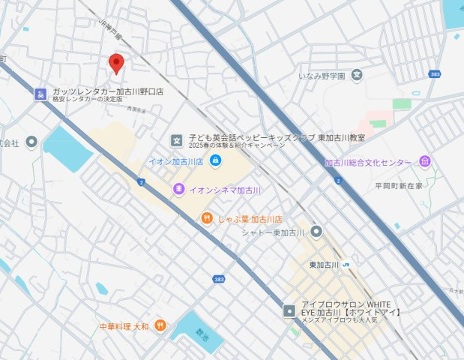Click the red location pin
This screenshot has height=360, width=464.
coord(116,63)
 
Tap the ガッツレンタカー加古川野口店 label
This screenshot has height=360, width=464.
coord(107,91)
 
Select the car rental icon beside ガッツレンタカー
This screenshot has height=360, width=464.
coord(40,94)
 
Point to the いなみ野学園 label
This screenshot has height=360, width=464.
coord(322,75)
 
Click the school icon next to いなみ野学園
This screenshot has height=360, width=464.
coord(357,75)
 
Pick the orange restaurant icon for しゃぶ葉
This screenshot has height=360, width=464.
coord(207,218)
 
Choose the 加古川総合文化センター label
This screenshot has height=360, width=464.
coord(368,162)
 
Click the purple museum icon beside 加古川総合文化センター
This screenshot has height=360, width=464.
coord(425,162)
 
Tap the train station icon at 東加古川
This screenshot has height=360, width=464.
coord(347,265)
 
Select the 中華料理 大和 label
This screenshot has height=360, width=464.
coord(124,327)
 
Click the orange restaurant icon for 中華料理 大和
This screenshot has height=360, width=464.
coord(159,327)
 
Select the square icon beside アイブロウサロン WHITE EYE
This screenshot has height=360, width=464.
coord(289,310)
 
